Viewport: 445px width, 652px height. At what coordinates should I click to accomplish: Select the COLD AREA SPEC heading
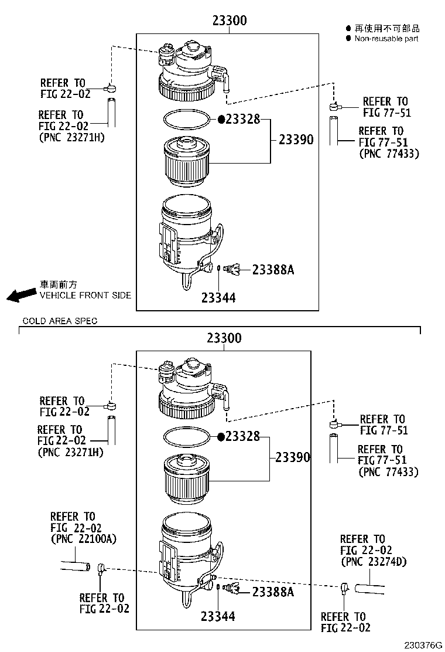[60, 321]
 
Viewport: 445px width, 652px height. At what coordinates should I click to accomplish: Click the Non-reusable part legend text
[386, 39]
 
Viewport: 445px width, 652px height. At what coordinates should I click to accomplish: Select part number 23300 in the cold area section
[224, 338]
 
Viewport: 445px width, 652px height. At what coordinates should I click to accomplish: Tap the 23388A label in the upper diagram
[273, 270]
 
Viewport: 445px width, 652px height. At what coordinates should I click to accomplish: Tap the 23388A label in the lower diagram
[273, 592]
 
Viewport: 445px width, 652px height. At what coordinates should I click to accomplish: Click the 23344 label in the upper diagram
[218, 298]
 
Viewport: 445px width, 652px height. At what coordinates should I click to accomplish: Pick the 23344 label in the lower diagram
[218, 616]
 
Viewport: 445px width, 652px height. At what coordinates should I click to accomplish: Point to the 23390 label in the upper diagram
[296, 140]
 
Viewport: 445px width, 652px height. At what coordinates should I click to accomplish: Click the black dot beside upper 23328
[221, 119]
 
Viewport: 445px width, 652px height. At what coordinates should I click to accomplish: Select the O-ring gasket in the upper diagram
[187, 118]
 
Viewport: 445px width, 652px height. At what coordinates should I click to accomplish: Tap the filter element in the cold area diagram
[186, 478]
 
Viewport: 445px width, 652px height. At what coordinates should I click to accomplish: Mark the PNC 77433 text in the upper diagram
[388, 154]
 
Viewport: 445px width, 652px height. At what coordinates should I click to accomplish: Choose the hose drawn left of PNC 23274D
[369, 586]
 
